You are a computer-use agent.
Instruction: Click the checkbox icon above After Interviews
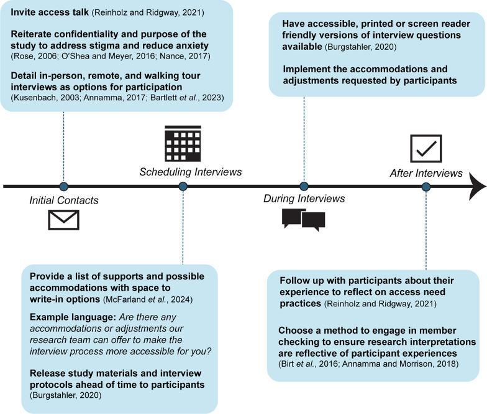coord(426,148)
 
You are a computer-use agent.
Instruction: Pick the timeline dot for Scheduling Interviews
coord(183,186)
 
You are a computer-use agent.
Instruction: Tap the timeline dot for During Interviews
coord(304,186)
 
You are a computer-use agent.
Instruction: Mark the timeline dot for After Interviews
coord(426,186)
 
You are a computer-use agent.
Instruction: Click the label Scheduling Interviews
coord(182,171)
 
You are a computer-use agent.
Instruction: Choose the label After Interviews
coord(426,171)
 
